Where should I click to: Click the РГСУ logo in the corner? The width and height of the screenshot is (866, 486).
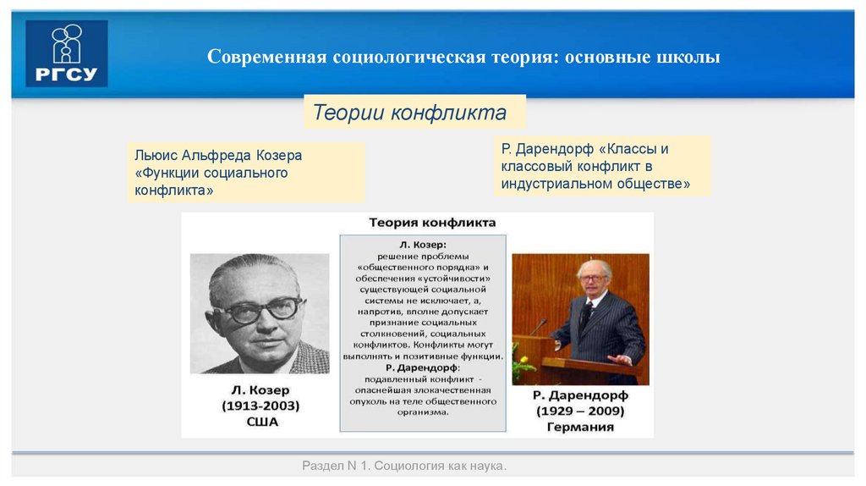67,54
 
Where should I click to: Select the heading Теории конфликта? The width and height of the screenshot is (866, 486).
409,113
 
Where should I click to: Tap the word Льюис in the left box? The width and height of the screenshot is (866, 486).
155,156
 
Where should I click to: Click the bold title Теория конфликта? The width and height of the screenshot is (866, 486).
432,222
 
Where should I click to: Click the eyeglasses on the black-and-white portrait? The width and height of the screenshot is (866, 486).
259,309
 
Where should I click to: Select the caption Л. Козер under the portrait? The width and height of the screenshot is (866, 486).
260,390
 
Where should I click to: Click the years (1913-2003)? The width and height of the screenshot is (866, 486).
260,406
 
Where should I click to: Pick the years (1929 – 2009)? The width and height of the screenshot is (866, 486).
579,411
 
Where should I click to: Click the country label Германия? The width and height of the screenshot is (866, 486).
580,427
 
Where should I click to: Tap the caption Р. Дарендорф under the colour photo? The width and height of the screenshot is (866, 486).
579,395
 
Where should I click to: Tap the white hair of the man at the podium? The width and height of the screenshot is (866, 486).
595,266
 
